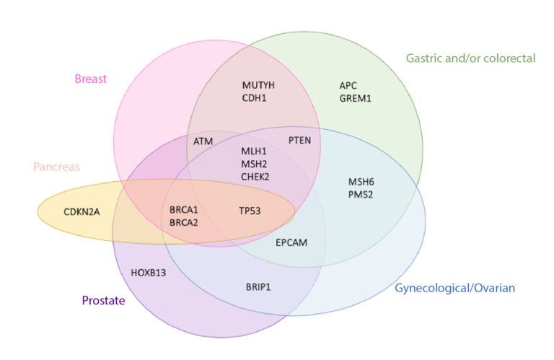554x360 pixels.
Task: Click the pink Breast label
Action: click(x=90, y=79)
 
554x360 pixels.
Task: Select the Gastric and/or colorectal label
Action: click(x=470, y=58)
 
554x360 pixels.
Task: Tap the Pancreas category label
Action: click(x=56, y=167)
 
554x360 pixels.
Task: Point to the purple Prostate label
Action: click(x=104, y=301)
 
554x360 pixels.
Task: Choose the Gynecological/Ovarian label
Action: click(x=454, y=289)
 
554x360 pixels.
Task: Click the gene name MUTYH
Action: click(x=258, y=86)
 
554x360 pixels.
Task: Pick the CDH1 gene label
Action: click(x=254, y=98)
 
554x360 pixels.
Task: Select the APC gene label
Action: click(x=348, y=86)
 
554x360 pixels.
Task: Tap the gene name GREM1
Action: click(x=355, y=99)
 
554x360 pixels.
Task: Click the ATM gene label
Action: click(x=203, y=141)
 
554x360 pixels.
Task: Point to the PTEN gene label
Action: click(x=299, y=141)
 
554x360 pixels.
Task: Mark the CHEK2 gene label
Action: click(x=255, y=177)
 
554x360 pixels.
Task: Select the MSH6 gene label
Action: click(x=361, y=183)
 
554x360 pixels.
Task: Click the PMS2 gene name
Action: click(x=361, y=195)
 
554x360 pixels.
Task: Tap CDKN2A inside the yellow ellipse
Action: click(x=82, y=212)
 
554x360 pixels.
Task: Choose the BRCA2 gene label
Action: click(x=184, y=223)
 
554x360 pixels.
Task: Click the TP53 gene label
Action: click(x=250, y=211)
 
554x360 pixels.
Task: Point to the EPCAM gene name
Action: click(x=291, y=242)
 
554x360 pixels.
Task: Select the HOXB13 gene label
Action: click(x=149, y=273)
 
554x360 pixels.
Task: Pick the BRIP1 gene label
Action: click(x=258, y=287)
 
